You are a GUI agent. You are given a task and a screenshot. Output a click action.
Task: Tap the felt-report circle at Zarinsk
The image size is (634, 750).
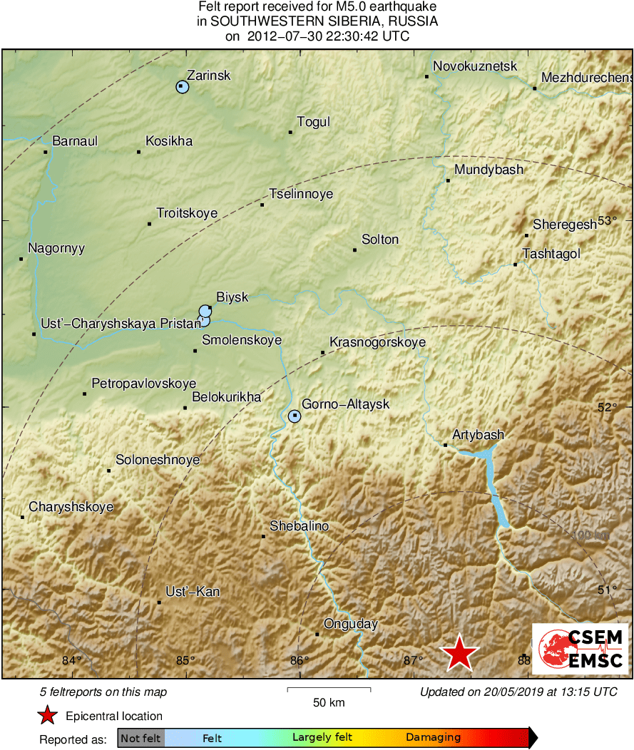point(182,87)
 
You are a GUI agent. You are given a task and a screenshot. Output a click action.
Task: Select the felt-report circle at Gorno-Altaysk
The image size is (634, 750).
point(295,416)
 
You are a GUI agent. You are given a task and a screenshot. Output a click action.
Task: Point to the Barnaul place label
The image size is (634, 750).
point(75,141)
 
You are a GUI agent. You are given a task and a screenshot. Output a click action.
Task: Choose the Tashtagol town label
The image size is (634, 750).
point(551,254)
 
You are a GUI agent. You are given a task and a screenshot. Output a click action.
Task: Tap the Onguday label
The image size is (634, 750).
point(350,625)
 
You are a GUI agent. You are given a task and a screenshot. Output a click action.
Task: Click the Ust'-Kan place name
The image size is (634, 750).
point(193,592)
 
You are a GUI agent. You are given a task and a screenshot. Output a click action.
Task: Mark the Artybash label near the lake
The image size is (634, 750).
point(479,435)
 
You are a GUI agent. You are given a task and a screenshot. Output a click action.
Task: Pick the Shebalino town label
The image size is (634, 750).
point(299,526)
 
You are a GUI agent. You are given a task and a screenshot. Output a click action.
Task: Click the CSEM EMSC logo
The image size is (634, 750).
point(581,649)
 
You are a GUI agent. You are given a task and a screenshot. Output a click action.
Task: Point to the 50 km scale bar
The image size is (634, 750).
point(329,689)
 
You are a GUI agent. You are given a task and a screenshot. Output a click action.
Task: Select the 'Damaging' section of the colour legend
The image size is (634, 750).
point(434,738)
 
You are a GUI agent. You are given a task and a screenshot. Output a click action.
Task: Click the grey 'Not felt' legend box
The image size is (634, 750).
point(140,738)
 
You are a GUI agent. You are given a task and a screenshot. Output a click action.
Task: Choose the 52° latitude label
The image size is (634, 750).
point(607,407)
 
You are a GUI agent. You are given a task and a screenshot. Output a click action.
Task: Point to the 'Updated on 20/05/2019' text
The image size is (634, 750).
point(518,692)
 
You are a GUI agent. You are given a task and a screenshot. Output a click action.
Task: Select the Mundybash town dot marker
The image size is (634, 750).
point(448,180)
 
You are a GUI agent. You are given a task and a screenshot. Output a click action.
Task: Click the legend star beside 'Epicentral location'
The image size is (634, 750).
point(47,715)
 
